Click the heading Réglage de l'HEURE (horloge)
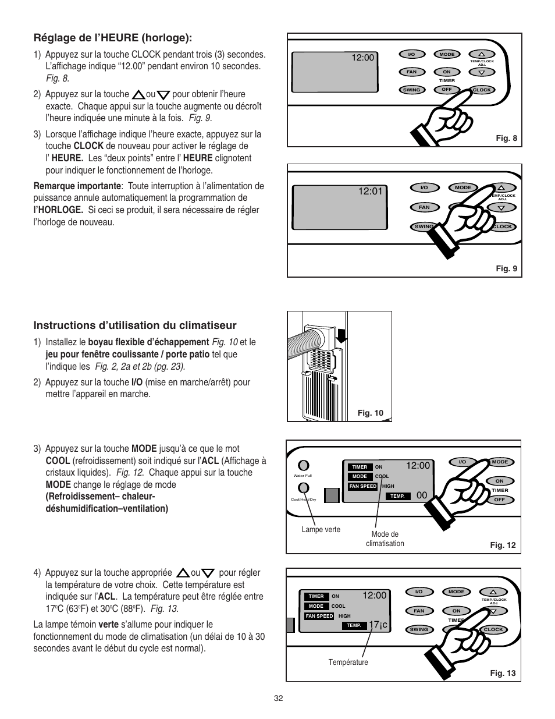[x=112, y=38]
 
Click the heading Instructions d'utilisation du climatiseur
[x=135, y=325]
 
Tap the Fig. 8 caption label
[x=506, y=139]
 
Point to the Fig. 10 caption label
[x=371, y=413]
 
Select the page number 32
[x=278, y=699]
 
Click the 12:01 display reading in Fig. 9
[x=371, y=190]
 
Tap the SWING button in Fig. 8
[x=411, y=90]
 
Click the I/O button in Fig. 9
[x=424, y=187]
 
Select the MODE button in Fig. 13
[x=456, y=592]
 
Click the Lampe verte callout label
[x=321, y=529]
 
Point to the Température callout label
[x=348, y=662]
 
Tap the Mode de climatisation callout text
[x=385, y=539]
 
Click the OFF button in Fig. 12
[x=499, y=500]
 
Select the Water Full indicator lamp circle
[x=303, y=465]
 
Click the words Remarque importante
[x=77, y=186]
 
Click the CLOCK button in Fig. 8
[x=482, y=90]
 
